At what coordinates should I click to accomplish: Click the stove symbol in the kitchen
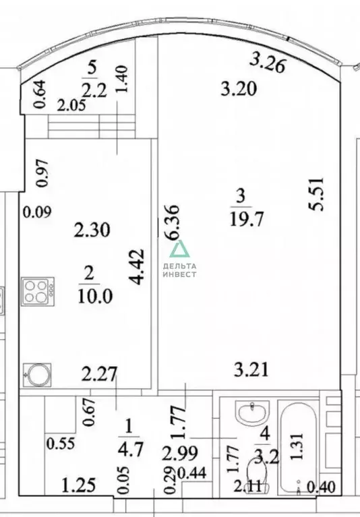click(x=38, y=291)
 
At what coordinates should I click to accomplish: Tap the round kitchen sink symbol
click(x=37, y=375)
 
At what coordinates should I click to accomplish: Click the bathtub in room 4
click(x=298, y=448)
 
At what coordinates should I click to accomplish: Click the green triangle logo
click(x=180, y=249)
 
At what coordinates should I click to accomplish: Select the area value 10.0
click(x=95, y=296)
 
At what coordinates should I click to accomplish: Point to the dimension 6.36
click(x=173, y=222)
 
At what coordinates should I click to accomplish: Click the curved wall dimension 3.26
click(x=267, y=63)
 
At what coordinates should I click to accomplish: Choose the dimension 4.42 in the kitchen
click(x=137, y=267)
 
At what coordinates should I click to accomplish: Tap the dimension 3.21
click(x=251, y=369)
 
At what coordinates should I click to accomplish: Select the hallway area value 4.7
click(x=131, y=450)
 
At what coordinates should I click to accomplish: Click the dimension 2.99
click(x=180, y=454)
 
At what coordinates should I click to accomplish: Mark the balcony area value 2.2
click(x=94, y=90)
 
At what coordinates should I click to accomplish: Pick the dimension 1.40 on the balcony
click(x=121, y=79)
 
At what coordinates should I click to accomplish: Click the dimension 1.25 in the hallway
click(x=80, y=486)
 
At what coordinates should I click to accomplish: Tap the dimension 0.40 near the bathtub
click(x=321, y=487)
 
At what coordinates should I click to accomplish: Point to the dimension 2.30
click(x=92, y=230)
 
